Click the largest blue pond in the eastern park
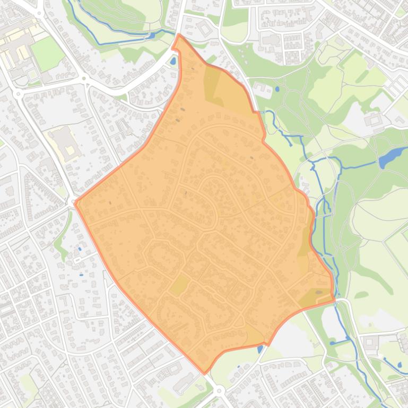click(x=389, y=157)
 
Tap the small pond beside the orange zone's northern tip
click(x=173, y=61)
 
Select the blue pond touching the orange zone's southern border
click(x=260, y=349)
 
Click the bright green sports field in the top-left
click(x=47, y=53)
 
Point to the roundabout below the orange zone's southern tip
click(x=219, y=391)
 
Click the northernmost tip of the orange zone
click(x=179, y=35)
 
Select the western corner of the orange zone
click(x=76, y=202)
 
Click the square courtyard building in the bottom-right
click(x=369, y=342)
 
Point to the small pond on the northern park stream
click(x=153, y=36)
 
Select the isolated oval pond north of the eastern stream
click(x=276, y=89)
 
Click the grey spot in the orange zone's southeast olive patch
click(x=318, y=292)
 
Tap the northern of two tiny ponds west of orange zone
click(x=80, y=249)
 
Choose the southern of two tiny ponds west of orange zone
click(x=81, y=274)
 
